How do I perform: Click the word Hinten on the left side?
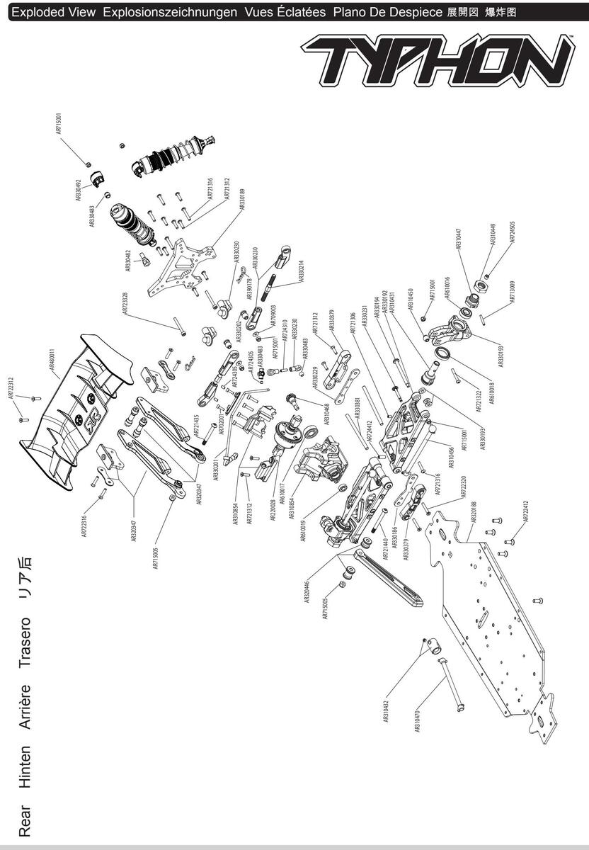pyautogui.click(x=25, y=767)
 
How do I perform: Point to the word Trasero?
pyautogui.click(x=25, y=642)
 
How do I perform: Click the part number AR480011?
pyautogui.click(x=52, y=364)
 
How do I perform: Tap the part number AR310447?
pyautogui.click(x=459, y=243)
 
